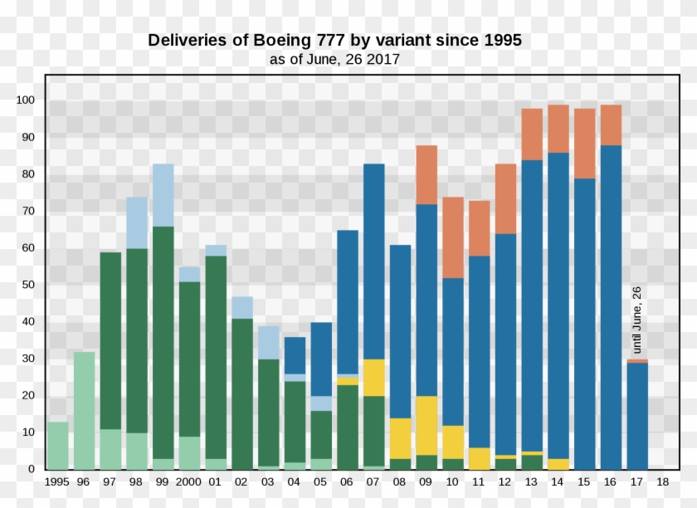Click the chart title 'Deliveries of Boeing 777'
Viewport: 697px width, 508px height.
tap(334, 40)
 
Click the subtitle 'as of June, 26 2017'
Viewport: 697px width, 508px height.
tap(334, 60)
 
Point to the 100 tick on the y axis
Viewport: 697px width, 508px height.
tap(25, 100)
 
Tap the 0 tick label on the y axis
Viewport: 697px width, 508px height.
tap(31, 469)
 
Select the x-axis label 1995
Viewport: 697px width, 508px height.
tap(57, 482)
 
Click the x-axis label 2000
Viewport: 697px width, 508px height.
tap(189, 482)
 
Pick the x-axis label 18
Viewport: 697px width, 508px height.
tap(663, 482)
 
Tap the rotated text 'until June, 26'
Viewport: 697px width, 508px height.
tap(637, 320)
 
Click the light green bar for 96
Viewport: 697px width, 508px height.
tap(84, 411)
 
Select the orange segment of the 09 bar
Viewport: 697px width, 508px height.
tap(426, 174)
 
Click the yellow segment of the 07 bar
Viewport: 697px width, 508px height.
tap(373, 377)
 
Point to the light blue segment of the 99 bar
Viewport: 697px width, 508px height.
tap(163, 195)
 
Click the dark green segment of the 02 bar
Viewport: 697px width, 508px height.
tap(242, 393)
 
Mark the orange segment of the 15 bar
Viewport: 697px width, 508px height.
tap(584, 144)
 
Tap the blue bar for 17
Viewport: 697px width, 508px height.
tap(637, 416)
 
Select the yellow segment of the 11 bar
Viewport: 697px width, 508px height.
tap(480, 458)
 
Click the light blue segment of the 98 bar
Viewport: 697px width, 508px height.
tap(137, 222)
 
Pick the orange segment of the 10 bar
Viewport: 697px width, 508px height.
tap(453, 237)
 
